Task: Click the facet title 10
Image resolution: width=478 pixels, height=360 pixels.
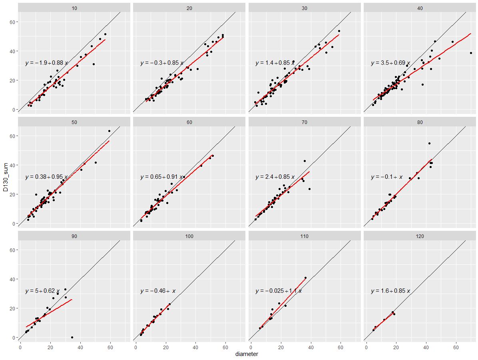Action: (74, 8)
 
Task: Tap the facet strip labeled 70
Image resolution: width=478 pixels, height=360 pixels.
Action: (305, 122)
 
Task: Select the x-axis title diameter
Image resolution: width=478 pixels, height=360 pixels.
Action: (247, 354)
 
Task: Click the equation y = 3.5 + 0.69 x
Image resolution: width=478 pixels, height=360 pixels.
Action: (390, 63)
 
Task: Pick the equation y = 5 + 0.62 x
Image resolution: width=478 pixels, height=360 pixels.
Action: (42, 291)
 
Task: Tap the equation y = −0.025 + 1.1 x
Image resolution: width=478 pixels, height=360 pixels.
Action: (279, 291)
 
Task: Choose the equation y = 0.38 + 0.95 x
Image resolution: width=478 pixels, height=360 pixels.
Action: (46, 177)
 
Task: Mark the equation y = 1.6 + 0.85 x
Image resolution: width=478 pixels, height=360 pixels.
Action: (390, 291)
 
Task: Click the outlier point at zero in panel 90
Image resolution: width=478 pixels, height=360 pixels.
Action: (72, 337)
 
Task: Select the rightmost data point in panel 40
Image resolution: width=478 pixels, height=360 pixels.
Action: (471, 53)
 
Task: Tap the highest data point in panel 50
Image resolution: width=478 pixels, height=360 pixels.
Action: (109, 131)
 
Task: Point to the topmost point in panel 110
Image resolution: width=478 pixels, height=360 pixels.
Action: (305, 278)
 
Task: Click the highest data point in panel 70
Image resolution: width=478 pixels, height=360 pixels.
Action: (305, 161)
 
